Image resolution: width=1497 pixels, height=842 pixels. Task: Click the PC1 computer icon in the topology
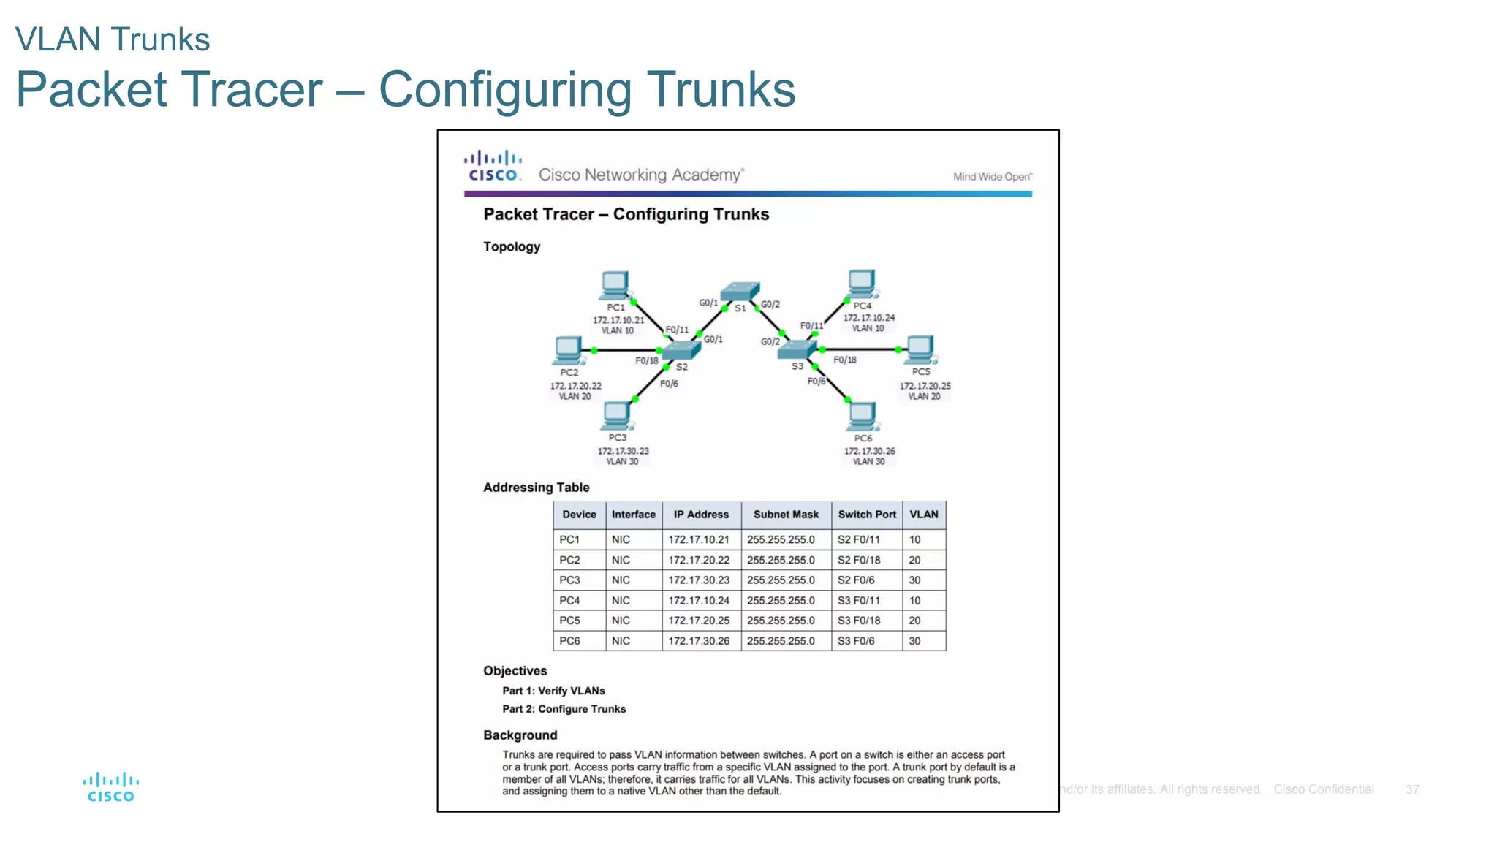[x=615, y=285]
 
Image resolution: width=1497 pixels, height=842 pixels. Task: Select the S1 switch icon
[x=740, y=292]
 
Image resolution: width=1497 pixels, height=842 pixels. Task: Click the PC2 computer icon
[x=568, y=350]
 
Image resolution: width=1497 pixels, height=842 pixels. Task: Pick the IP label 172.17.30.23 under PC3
[x=623, y=451]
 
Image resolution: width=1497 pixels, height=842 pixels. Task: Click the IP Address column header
[x=701, y=515]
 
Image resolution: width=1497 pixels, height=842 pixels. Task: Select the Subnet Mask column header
[x=786, y=515]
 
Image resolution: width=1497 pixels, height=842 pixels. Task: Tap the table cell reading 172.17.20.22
[x=699, y=560]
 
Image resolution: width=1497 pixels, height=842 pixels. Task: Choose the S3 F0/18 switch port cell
[x=859, y=621]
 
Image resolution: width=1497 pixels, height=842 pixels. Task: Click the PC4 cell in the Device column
[x=569, y=601]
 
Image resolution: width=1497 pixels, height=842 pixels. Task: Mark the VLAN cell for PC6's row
[x=915, y=641]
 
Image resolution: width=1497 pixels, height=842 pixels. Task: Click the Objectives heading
[x=515, y=671]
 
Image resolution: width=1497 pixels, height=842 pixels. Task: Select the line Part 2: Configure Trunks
[x=564, y=709]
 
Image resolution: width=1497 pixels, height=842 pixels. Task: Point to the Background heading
[x=520, y=735]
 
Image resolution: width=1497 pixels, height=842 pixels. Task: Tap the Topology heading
[x=512, y=247]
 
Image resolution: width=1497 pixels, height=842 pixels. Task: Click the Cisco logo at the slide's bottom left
[x=111, y=787]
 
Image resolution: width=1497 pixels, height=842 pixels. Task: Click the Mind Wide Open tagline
[x=992, y=177]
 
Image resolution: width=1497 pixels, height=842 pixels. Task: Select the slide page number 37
[x=1412, y=789]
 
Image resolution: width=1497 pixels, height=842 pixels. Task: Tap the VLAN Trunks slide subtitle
[x=113, y=39]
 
